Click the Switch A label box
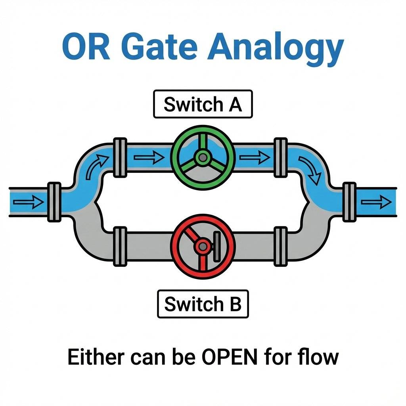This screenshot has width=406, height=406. (203, 105)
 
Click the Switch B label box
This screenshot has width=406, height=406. (203, 304)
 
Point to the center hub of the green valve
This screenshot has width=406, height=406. (203, 158)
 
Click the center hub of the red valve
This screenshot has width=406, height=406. (203, 247)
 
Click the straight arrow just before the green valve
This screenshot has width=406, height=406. (149, 158)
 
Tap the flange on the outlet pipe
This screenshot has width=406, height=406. (349, 202)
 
